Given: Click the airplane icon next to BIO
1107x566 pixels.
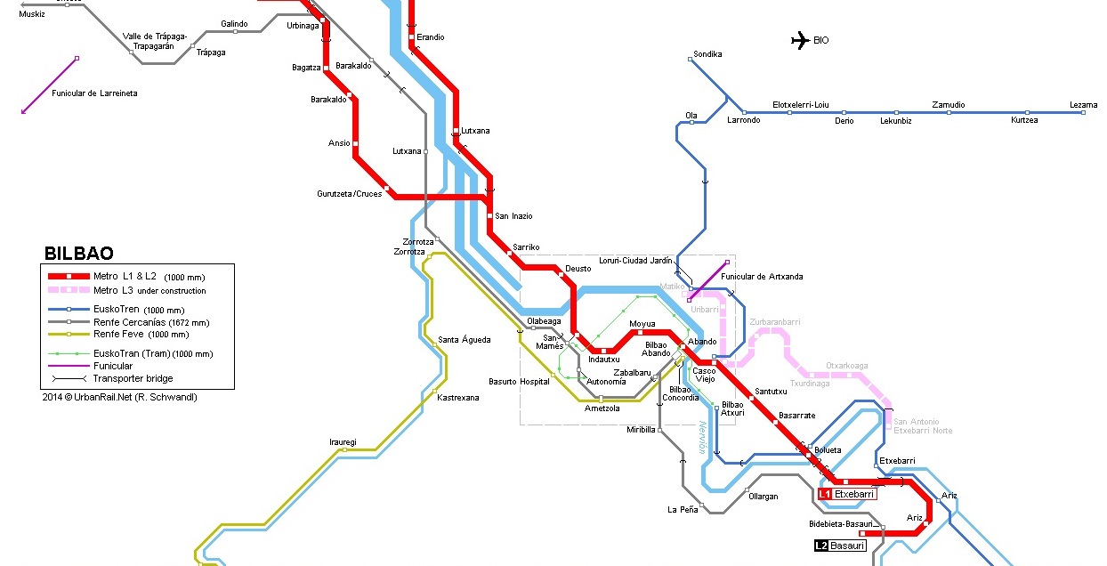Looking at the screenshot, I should pyautogui.click(x=799, y=39).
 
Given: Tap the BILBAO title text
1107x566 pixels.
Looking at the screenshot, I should pyautogui.click(x=78, y=254).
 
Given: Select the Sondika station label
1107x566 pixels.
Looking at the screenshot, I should pyautogui.click(x=707, y=54).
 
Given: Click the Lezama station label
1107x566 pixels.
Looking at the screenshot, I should pyautogui.click(x=1083, y=105).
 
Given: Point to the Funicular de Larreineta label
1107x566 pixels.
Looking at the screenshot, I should pyautogui.click(x=94, y=93).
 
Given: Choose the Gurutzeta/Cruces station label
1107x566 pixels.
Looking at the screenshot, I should pyautogui.click(x=349, y=193).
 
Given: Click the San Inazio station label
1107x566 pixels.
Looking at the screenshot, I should pyautogui.click(x=513, y=216).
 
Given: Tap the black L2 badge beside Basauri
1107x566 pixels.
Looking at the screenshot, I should pyautogui.click(x=821, y=546).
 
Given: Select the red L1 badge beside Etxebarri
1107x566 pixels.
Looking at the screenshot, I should pyautogui.click(x=825, y=493).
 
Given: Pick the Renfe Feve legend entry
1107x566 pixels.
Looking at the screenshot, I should pyautogui.click(x=128, y=335).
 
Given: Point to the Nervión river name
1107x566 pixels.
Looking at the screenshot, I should pyautogui.click(x=702, y=437).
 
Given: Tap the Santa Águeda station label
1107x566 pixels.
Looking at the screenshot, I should pyautogui.click(x=464, y=340).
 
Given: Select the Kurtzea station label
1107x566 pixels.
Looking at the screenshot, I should pyautogui.click(x=1024, y=120).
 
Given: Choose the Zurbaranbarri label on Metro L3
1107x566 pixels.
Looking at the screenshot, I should pyautogui.click(x=775, y=321).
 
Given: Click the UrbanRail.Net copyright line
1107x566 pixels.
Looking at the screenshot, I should pyautogui.click(x=119, y=397).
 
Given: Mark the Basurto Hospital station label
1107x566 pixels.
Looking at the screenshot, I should pyautogui.click(x=519, y=382).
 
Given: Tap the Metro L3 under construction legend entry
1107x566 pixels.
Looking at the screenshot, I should pyautogui.click(x=149, y=290).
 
